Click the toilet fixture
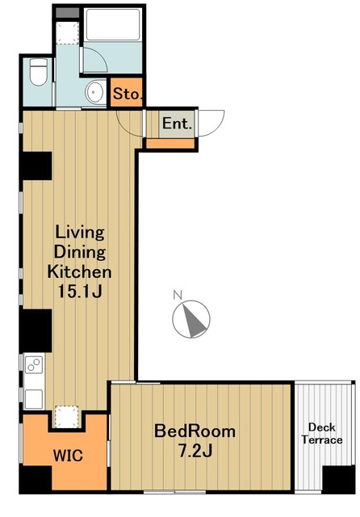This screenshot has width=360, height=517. [38, 72]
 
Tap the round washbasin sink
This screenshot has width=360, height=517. [95, 92]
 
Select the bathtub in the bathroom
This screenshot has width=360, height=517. [113, 24]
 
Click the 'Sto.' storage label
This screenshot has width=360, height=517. [128, 94]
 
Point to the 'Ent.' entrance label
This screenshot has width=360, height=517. [177, 124]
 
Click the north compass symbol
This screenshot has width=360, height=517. [191, 319]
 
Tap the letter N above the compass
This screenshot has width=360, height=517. [178, 295]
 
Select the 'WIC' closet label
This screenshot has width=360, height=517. [68, 456]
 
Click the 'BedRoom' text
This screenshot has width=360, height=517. [195, 431]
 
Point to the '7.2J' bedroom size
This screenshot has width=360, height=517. [195, 451]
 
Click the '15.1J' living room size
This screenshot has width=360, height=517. [79, 292]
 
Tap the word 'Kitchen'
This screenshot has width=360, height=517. [79, 272]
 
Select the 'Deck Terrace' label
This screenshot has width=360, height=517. [322, 434]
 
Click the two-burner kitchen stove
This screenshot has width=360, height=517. [34, 365]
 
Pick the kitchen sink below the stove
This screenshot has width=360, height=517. [34, 399]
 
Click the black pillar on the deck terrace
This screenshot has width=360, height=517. [338, 479]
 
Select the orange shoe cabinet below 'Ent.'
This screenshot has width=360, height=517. [170, 143]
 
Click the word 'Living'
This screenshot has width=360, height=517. [80, 233]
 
